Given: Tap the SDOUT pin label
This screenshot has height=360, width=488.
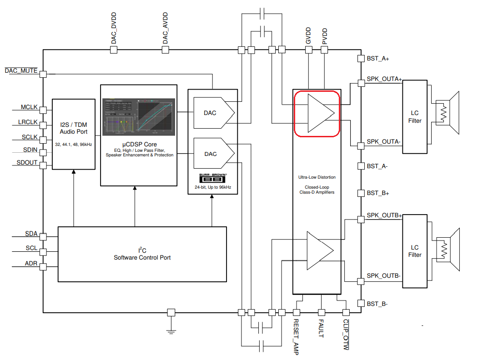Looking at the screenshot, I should point(27,162).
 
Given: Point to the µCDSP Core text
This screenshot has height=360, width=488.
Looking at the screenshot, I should point(139,145).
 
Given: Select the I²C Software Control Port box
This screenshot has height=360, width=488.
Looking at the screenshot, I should point(142,254).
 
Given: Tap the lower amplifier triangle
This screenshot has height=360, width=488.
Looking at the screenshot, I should point(319,250).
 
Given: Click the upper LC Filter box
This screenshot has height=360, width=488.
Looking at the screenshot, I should point(415,116).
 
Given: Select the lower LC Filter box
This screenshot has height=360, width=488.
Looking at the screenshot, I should point(415,251).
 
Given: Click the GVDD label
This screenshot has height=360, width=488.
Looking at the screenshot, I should point(308,36).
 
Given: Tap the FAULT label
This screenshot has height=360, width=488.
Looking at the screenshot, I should point(321,329).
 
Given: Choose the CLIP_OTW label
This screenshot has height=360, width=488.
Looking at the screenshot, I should point(346,335).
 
